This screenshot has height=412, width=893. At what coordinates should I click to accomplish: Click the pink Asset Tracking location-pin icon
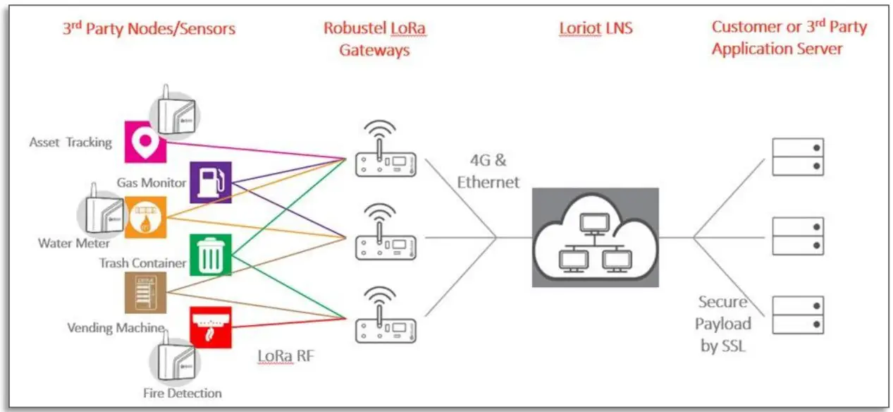pyautogui.click(x=144, y=141)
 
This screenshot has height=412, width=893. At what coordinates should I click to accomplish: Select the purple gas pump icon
pyautogui.click(x=211, y=182)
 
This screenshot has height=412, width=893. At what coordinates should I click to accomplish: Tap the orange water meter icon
pyautogui.click(x=146, y=217)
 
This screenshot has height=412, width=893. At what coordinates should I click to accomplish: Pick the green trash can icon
pyautogui.click(x=211, y=255)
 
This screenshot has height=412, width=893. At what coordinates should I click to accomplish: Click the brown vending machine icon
pyautogui.click(x=145, y=292)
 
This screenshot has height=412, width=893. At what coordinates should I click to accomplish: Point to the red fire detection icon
pyautogui.click(x=211, y=327)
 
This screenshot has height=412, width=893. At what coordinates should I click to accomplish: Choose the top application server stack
pyautogui.click(x=797, y=157)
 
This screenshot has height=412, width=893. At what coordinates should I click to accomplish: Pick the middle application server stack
pyautogui.click(x=797, y=236)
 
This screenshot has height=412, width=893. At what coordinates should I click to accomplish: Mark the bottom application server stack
pyautogui.click(x=797, y=315)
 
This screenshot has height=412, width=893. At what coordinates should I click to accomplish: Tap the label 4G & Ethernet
pyautogui.click(x=488, y=171)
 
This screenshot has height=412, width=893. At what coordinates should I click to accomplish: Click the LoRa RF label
pyautogui.click(x=285, y=356)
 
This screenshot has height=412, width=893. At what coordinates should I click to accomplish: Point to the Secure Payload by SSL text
pyautogui.click(x=723, y=324)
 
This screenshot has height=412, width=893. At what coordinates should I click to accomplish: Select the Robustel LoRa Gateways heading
pyautogui.click(x=374, y=39)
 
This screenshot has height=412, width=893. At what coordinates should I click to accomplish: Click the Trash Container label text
pyautogui.click(x=142, y=263)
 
